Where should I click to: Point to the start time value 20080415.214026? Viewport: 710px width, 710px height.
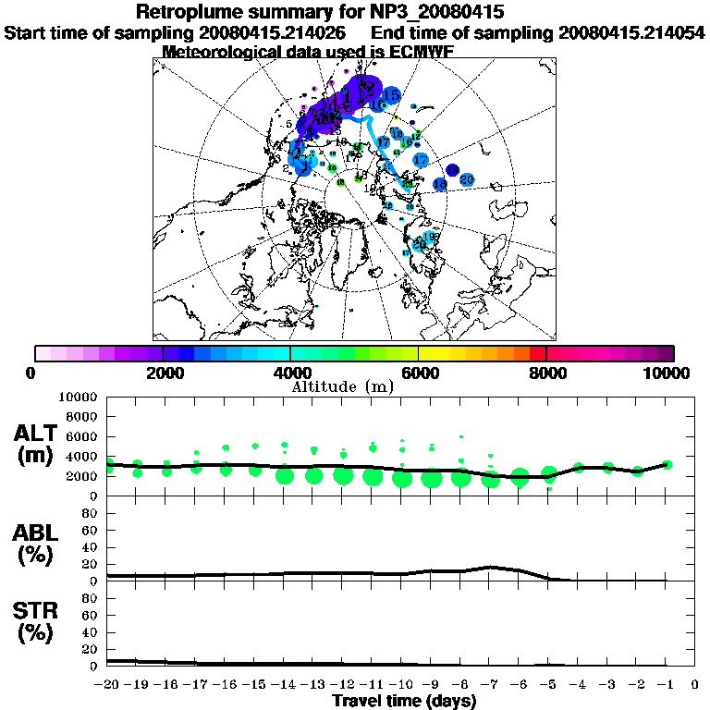[x=276, y=32]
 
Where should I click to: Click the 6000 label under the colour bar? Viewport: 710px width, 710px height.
[x=418, y=373]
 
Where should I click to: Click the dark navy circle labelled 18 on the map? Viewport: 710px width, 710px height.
[x=452, y=169]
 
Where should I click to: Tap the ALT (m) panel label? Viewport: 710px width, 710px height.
[x=39, y=443]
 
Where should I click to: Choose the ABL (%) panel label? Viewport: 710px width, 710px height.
[x=39, y=545]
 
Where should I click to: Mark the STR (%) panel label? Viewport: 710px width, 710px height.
[x=39, y=621]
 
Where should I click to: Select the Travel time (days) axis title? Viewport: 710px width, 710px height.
[x=404, y=701]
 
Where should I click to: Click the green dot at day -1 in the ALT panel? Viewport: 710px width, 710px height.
[x=667, y=465]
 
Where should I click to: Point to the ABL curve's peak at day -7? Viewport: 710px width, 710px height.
[x=490, y=567]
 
